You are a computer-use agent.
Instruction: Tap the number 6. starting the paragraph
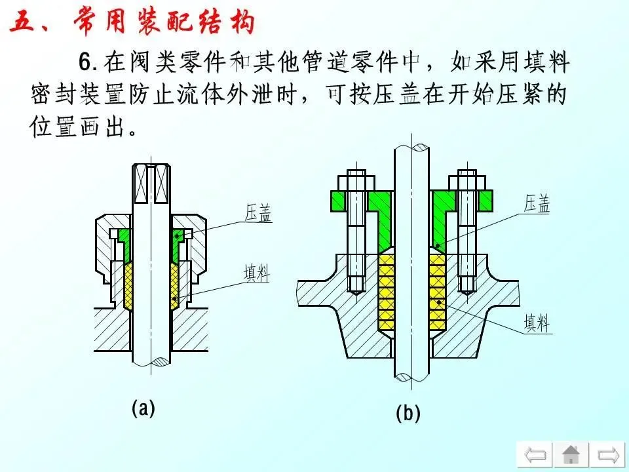(88, 64)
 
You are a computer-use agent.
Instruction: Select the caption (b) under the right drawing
(408, 414)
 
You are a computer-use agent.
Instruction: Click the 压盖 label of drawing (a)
(257, 213)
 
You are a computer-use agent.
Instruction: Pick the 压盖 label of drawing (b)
(536, 204)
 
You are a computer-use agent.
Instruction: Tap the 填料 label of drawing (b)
(536, 322)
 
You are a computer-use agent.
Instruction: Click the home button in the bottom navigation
(571, 454)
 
